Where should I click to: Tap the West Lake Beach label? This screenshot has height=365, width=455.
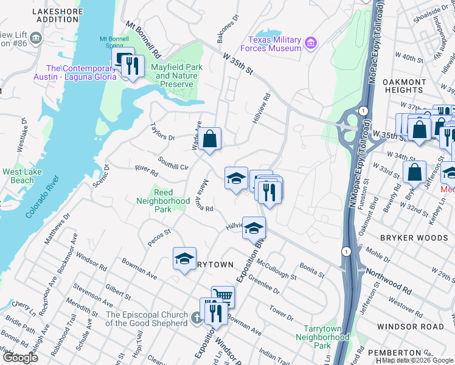[27, 176]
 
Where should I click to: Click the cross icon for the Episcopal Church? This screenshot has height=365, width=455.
[196, 318]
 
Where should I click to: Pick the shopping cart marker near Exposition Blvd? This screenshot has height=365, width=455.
[223, 296]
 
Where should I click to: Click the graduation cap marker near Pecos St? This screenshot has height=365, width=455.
[184, 259]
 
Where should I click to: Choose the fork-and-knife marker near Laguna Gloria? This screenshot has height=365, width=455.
[133, 66]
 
